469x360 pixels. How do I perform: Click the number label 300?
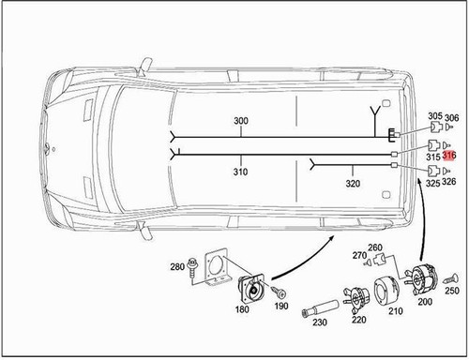241,123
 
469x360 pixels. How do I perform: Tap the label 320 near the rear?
325,183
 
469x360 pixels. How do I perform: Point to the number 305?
434,117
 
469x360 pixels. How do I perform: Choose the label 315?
433,157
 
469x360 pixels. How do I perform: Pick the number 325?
432,183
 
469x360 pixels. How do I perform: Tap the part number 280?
177,268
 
